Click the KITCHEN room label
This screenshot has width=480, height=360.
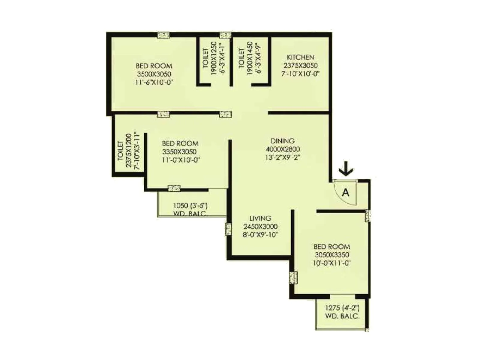pyautogui.click(x=300, y=57)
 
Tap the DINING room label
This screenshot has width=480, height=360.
pyautogui.click(x=283, y=141)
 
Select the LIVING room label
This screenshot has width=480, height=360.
pyautogui.click(x=260, y=218)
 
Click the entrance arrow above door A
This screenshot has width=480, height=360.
pyautogui.click(x=346, y=169)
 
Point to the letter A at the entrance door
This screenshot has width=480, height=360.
pyautogui.click(x=346, y=192)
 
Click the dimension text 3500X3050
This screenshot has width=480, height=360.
pyautogui.click(x=154, y=74)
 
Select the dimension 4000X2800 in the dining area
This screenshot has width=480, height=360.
pyautogui.click(x=283, y=149)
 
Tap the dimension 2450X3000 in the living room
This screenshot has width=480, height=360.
pyautogui.click(x=260, y=226)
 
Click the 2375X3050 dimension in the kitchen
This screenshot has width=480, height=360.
pyautogui.click(x=300, y=65)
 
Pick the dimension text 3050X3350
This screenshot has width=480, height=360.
pyautogui.click(x=332, y=255)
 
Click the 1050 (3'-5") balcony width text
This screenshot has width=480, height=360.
pyautogui.click(x=190, y=206)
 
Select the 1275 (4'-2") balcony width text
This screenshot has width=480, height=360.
pyautogui.click(x=342, y=308)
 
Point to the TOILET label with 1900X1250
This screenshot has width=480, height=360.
pyautogui.click(x=205, y=58)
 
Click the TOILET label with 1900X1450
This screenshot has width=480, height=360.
pyautogui.click(x=241, y=58)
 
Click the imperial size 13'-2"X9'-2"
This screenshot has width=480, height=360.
pyautogui.click(x=283, y=157)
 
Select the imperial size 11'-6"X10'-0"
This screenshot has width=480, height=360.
pyautogui.click(x=154, y=82)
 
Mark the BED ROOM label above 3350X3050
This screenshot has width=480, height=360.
pyautogui.click(x=180, y=143)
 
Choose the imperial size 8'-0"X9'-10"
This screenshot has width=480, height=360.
pyautogui.click(x=260, y=235)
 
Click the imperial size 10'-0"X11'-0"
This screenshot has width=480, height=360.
pyautogui.click(x=332, y=263)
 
